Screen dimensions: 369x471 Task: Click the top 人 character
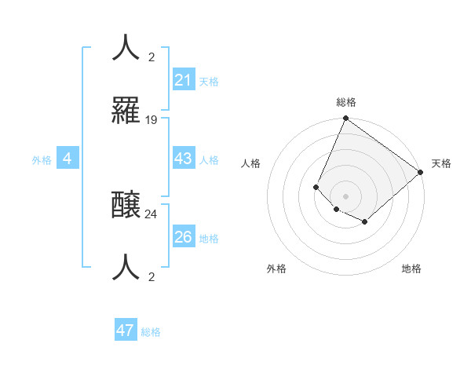pyautogui.click(x=126, y=48)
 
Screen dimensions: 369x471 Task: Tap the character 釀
pyautogui.click(x=126, y=205)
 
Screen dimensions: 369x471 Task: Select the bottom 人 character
pyautogui.click(x=126, y=268)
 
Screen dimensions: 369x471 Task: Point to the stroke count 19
pyautogui.click(x=152, y=120)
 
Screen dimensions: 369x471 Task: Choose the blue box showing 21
pyautogui.click(x=184, y=80)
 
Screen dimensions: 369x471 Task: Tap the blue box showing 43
pyautogui.click(x=184, y=159)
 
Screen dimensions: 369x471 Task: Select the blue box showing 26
pyautogui.click(x=184, y=237)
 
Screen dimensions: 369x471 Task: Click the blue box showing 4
pyautogui.click(x=68, y=159)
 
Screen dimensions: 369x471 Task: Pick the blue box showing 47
pyautogui.click(x=126, y=331)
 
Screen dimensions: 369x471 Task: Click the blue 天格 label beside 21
pyautogui.click(x=209, y=82)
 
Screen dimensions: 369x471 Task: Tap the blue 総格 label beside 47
pyautogui.click(x=151, y=332)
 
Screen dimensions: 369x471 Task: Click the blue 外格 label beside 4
pyautogui.click(x=42, y=160)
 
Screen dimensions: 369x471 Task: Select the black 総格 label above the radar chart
pyautogui.click(x=345, y=102)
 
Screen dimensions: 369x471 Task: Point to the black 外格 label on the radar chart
pyautogui.click(x=276, y=269)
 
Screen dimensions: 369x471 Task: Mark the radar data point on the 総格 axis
pyautogui.click(x=345, y=119)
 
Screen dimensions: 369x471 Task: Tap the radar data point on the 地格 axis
pyautogui.click(x=364, y=222)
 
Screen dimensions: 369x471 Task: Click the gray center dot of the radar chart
pyautogui.click(x=345, y=195)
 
